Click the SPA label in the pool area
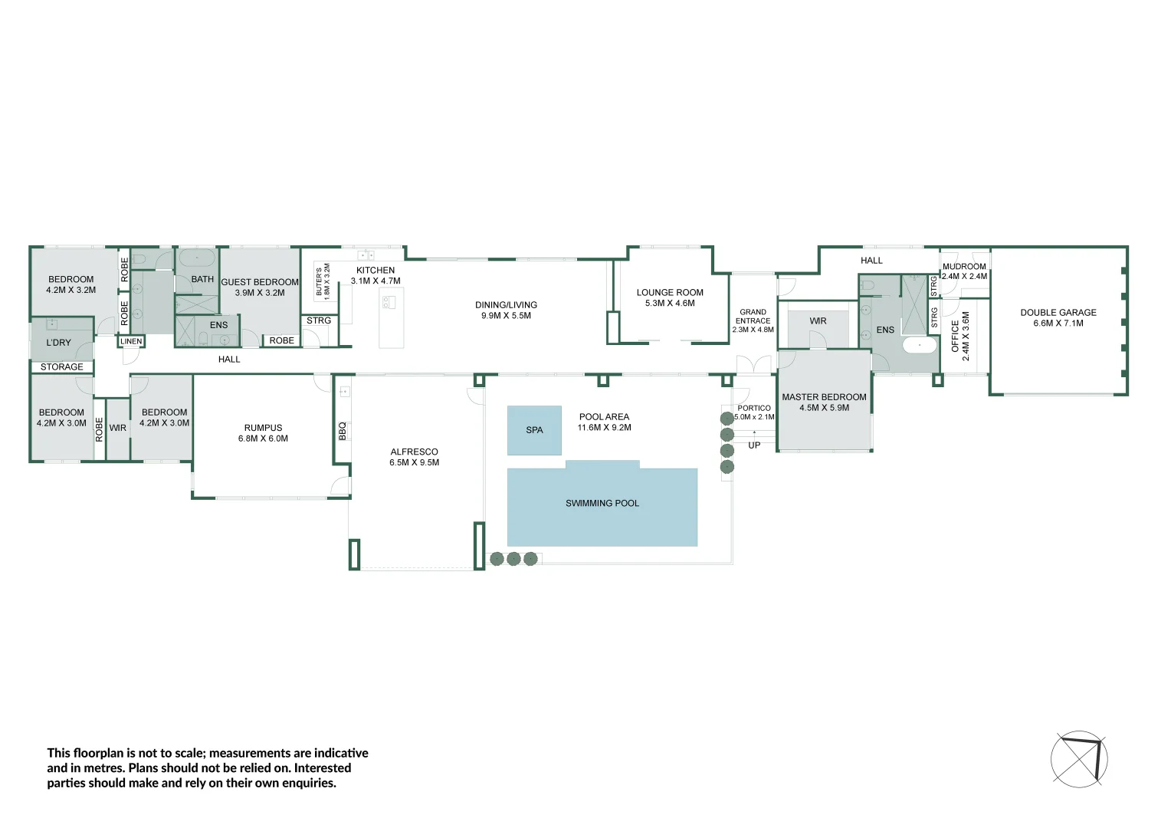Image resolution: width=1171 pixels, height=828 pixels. [534, 430]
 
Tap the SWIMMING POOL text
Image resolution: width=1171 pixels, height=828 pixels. [602, 503]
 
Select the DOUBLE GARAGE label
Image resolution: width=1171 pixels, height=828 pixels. [1058, 312]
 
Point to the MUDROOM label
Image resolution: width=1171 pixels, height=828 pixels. [964, 266]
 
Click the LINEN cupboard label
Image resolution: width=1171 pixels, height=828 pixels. [131, 342]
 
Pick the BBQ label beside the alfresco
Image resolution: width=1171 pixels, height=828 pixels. [343, 431]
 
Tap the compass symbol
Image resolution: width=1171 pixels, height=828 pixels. [1079, 759]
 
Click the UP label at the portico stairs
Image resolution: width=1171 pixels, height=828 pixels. [754, 445]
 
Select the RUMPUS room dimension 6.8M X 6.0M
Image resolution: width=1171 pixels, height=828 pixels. [263, 439]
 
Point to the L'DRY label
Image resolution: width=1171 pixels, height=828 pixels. [58, 343]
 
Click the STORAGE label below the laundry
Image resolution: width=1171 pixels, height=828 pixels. [61, 366]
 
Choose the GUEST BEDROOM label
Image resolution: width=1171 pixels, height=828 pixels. [260, 282]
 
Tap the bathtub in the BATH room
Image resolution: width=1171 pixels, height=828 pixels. [196, 258]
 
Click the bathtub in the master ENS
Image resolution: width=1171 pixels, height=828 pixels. [920, 345]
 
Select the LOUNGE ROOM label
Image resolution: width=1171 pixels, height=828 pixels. [670, 292]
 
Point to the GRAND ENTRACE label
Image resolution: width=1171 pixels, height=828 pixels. [753, 317]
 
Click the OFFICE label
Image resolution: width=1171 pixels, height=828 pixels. [955, 336]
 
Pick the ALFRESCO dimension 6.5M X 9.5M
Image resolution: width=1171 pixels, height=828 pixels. [414, 462]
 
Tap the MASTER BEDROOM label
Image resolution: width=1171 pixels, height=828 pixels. [824, 397]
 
